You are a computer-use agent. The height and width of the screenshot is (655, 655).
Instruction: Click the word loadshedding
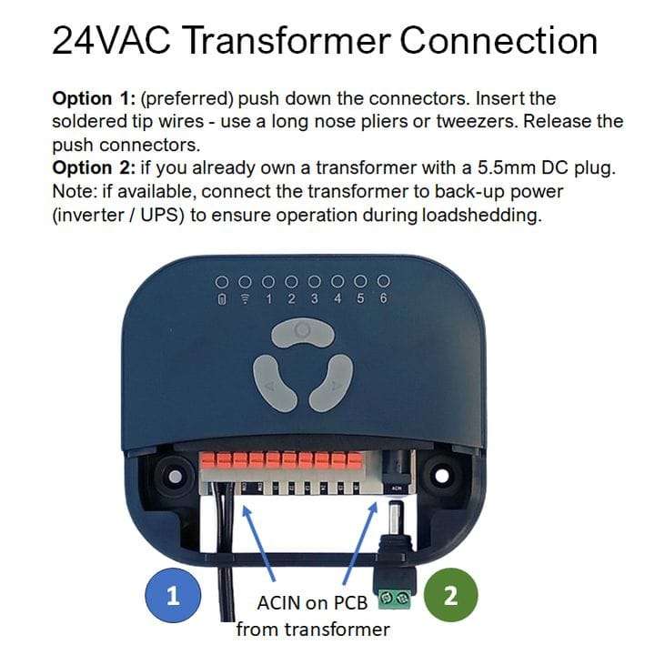(487, 216)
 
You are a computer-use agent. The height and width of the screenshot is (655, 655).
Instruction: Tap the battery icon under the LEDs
(221, 299)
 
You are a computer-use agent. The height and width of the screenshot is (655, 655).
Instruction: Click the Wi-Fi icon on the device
(244, 299)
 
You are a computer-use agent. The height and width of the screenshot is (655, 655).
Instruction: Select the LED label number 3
(314, 299)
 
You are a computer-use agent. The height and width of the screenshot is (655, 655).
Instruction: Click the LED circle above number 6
(383, 280)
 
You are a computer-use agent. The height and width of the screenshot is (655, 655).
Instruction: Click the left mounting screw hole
(169, 476)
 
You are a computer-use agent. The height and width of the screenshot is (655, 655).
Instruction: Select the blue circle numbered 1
(173, 596)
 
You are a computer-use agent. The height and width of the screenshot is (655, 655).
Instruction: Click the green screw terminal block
(394, 599)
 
